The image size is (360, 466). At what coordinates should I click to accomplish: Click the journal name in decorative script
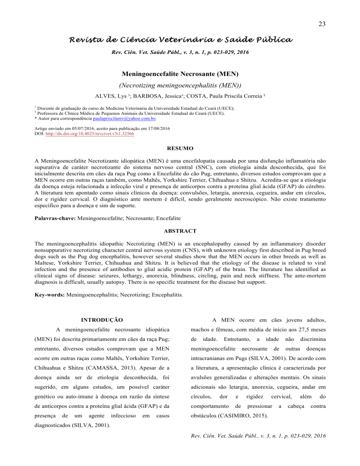[180, 38]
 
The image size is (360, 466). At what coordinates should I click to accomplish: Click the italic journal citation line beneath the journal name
[180, 51]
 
